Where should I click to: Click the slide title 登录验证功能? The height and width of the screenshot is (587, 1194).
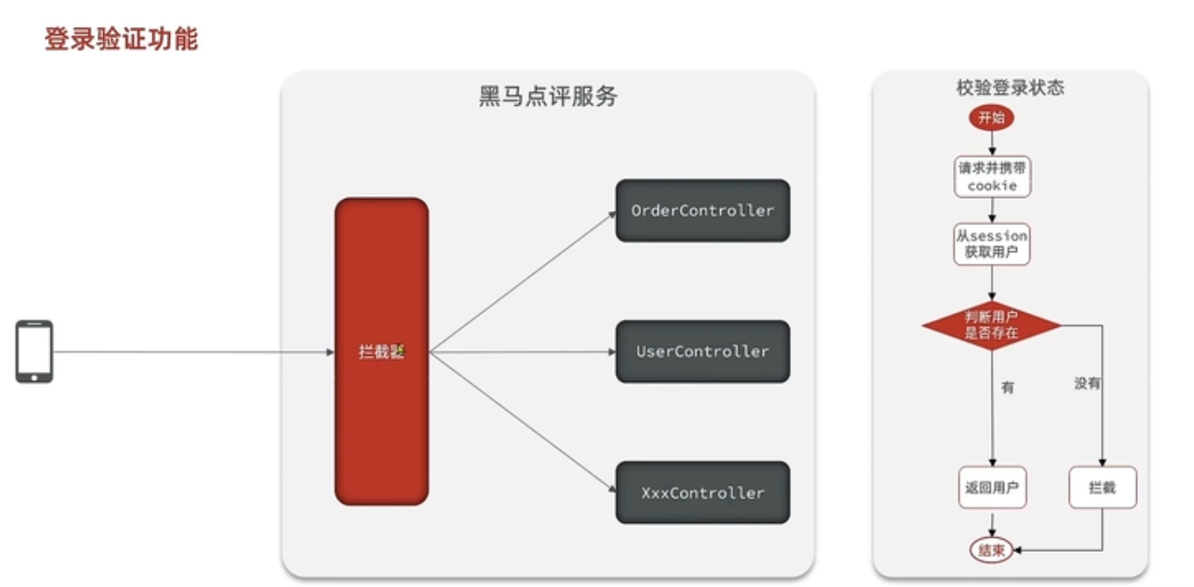pos(121,39)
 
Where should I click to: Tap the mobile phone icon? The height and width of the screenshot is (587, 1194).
pos(34,351)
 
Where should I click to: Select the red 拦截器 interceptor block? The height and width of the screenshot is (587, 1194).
pos(381,351)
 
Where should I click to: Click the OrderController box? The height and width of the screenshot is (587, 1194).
pos(703,210)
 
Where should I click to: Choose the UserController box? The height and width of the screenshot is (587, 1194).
pos(703,351)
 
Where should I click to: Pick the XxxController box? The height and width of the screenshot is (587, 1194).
pos(703,492)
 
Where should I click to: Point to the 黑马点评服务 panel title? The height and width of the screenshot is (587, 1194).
pos(548,96)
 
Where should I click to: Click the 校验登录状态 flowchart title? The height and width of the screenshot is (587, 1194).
pos(1010,88)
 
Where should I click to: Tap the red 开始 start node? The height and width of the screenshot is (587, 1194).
pos(992,117)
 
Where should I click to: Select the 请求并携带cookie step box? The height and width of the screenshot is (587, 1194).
pos(992,176)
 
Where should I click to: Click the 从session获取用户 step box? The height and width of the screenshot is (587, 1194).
pos(992,244)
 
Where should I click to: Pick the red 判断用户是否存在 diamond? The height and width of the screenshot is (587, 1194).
pos(992,326)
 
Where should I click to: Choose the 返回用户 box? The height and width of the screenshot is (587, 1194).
pos(992,488)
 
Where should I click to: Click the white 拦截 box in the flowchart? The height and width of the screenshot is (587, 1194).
pos(1103,488)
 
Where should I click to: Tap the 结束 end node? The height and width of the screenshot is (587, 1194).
pos(992,550)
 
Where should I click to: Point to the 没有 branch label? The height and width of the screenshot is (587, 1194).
pos(1087,384)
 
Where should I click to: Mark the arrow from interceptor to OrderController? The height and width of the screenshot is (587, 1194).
pos(522,282)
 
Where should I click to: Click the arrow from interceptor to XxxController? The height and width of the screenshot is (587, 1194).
pos(522,421)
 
